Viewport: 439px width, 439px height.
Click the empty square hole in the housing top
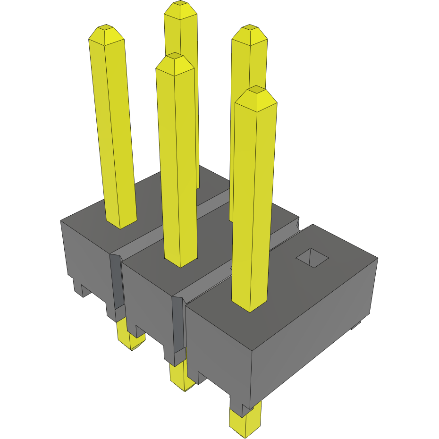312,257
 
